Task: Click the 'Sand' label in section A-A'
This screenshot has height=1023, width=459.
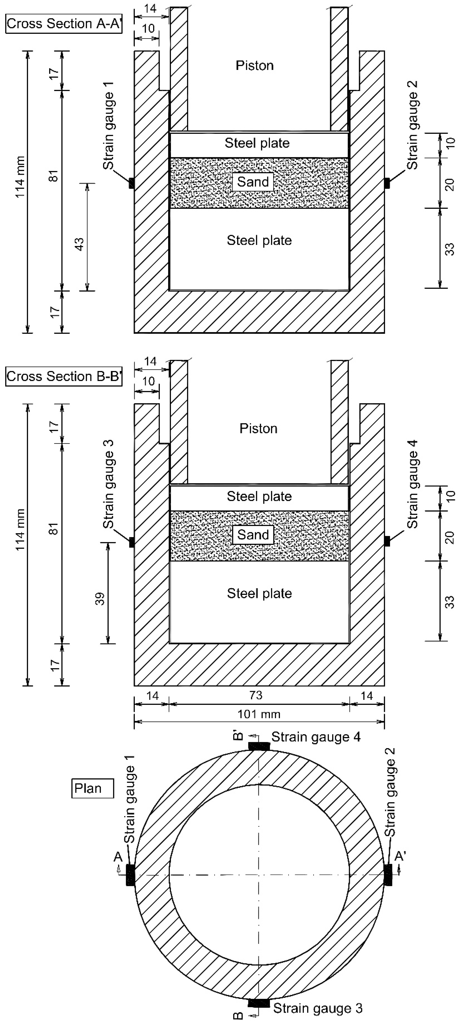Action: [x=253, y=182]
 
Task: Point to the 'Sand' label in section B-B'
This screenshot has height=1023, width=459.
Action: [x=253, y=535]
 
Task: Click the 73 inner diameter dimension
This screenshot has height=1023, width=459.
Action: [x=256, y=695]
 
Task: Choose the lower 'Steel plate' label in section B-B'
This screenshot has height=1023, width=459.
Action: [x=259, y=593]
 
